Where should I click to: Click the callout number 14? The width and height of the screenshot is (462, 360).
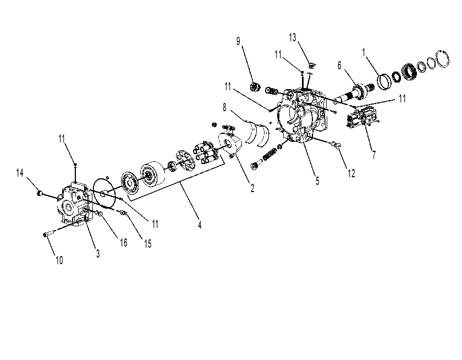click(20, 173)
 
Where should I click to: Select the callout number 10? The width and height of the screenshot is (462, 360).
click(59, 260)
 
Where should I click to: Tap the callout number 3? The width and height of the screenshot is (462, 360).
click(98, 254)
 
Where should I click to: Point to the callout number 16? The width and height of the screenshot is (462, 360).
click(124, 243)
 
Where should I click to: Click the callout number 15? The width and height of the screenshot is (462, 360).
click(148, 244)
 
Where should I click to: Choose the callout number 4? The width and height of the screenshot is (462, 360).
click(200, 225)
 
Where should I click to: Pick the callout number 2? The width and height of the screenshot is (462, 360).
click(252, 188)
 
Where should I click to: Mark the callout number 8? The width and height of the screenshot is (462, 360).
click(224, 108)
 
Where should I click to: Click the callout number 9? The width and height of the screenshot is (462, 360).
click(238, 42)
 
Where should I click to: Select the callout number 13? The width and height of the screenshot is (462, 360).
click(292, 38)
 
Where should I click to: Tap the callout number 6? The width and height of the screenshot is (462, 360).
click(339, 66)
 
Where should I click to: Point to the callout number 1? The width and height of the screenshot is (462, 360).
click(364, 52)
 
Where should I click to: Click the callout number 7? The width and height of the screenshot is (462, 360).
click(374, 155)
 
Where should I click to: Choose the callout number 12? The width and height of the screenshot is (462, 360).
click(351, 173)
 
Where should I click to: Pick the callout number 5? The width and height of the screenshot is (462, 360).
click(317, 181)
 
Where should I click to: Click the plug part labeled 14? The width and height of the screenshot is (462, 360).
click(39, 193)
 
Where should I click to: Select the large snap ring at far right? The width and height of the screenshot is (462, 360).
click(443, 59)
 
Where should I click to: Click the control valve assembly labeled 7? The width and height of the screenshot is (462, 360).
click(362, 117)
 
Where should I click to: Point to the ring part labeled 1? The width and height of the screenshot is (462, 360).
click(384, 82)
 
